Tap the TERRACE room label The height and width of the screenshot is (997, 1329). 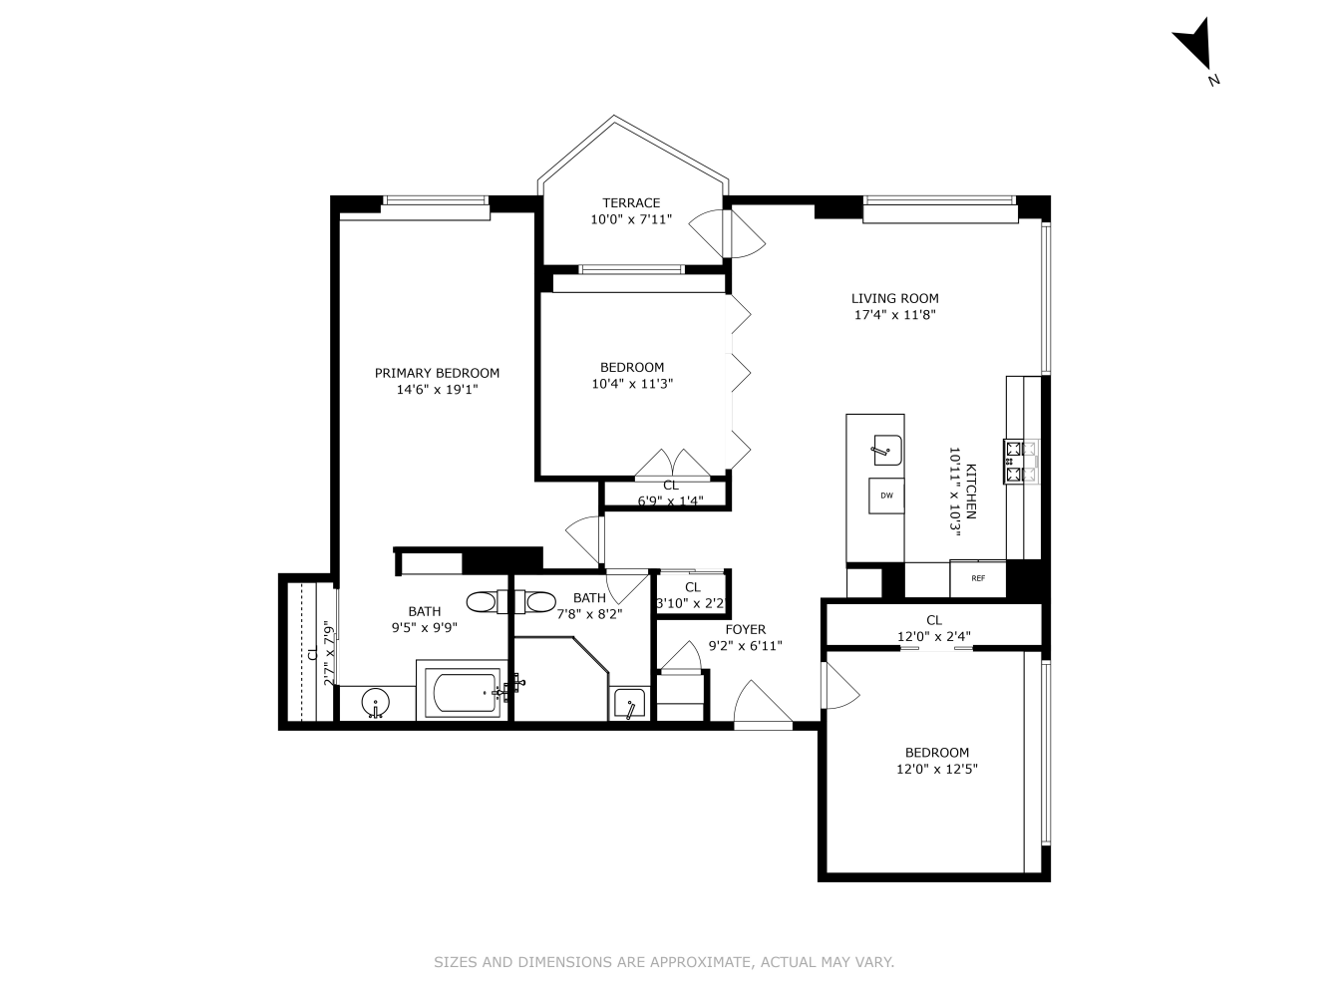coord(631,202)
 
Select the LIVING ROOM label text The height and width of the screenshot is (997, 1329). coord(895,298)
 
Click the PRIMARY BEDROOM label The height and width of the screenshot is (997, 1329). coord(437,373)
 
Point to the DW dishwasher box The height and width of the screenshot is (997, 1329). coord(886,496)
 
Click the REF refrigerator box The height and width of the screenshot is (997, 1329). coord(978,578)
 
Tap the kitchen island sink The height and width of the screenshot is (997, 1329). coord(887,451)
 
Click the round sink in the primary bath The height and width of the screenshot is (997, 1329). coord(376,703)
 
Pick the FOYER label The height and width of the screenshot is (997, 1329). coord(746,629)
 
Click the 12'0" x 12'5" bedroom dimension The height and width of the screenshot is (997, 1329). coord(937,769)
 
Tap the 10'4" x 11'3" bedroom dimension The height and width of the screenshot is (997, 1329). coord(632,383)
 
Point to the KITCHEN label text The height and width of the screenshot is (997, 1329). coord(970,492)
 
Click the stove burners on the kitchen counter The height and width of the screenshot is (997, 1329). coord(1021,462)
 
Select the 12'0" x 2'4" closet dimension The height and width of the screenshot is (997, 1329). coord(934,636)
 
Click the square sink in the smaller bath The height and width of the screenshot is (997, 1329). coord(630,704)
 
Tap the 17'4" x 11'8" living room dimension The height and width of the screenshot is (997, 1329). coord(895,315)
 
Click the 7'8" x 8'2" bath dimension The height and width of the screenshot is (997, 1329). coord(589,614)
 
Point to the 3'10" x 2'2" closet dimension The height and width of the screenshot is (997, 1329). coord(692,603)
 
